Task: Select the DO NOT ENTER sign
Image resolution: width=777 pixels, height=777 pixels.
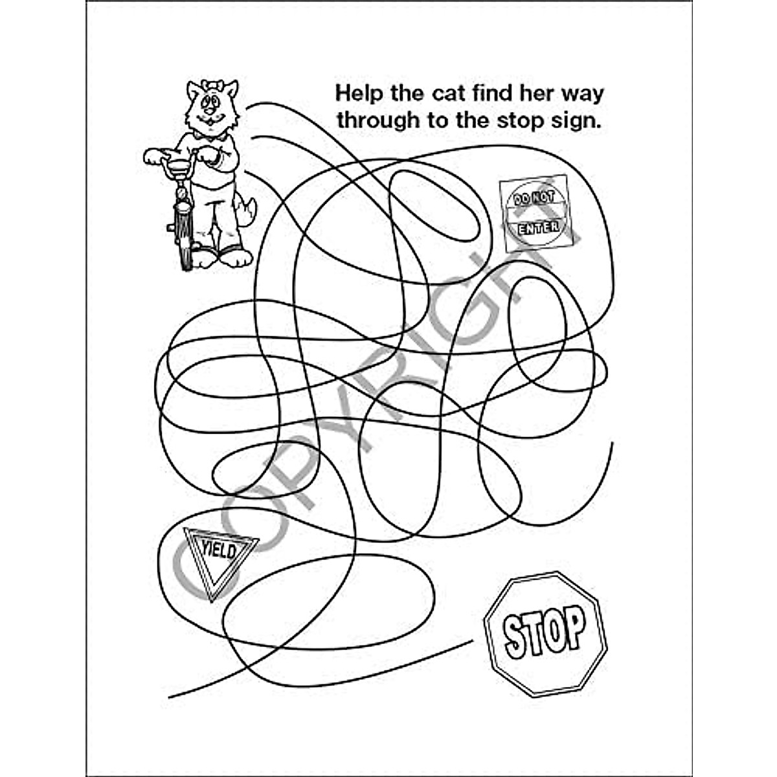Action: click(x=535, y=214)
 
